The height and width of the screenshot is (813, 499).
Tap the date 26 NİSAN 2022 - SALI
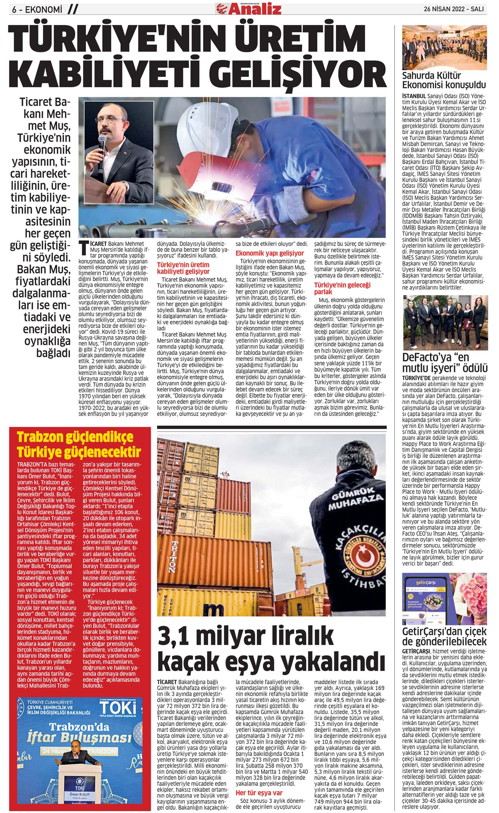453,9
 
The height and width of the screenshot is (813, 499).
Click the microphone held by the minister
101,143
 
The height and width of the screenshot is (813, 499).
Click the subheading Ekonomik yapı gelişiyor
269,253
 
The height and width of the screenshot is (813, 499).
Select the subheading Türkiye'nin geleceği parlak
342,288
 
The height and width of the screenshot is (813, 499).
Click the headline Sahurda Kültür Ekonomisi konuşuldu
444,80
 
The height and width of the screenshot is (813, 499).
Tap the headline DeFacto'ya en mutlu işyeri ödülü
444,363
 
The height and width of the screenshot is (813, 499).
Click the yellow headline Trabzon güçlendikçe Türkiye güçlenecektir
79,445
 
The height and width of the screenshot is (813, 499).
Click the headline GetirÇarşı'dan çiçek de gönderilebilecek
444,636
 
